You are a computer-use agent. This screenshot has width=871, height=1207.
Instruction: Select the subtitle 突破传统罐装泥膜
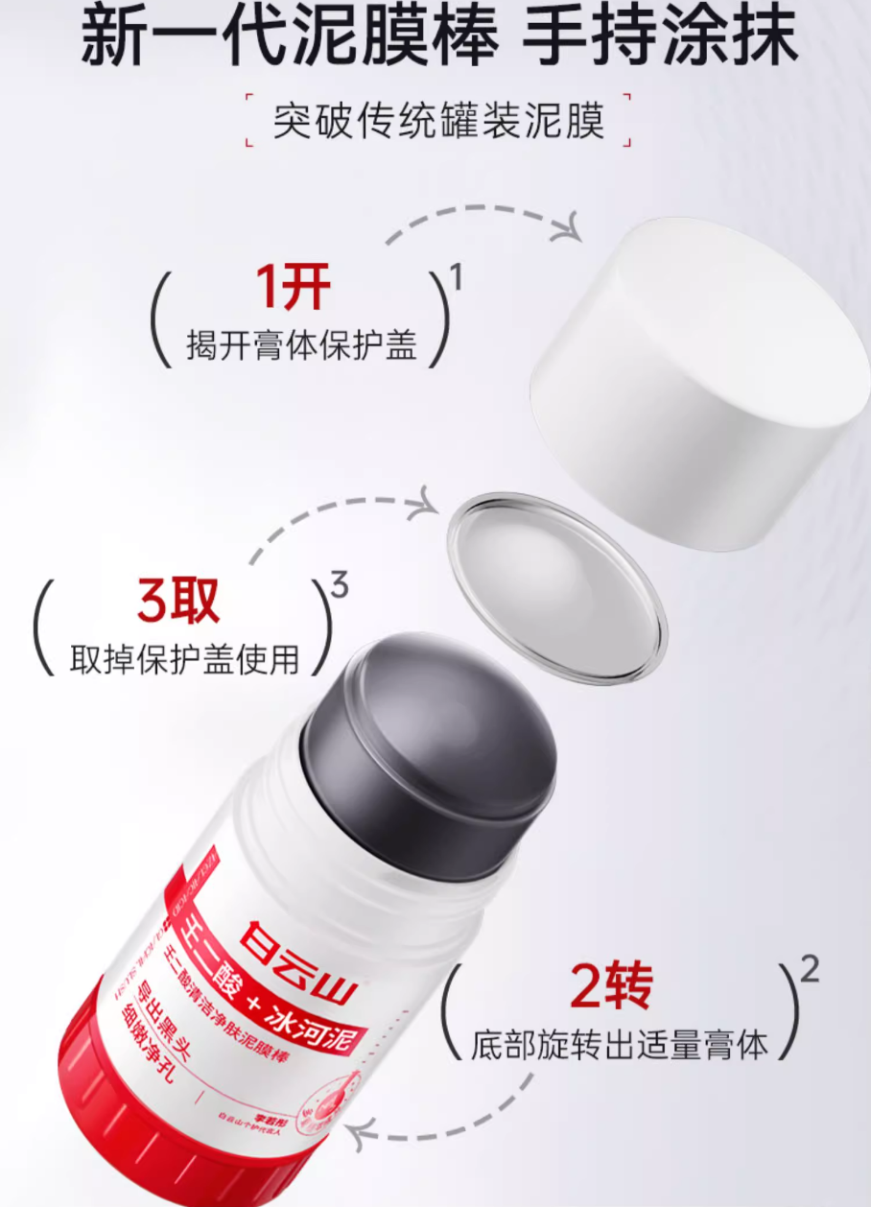click(438, 122)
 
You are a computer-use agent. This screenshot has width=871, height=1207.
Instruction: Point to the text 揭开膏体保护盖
click(302, 345)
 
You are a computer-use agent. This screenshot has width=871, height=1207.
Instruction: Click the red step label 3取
click(178, 601)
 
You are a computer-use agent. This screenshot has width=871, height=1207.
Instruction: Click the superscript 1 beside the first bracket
click(457, 277)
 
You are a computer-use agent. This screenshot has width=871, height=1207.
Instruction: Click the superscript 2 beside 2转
click(810, 971)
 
